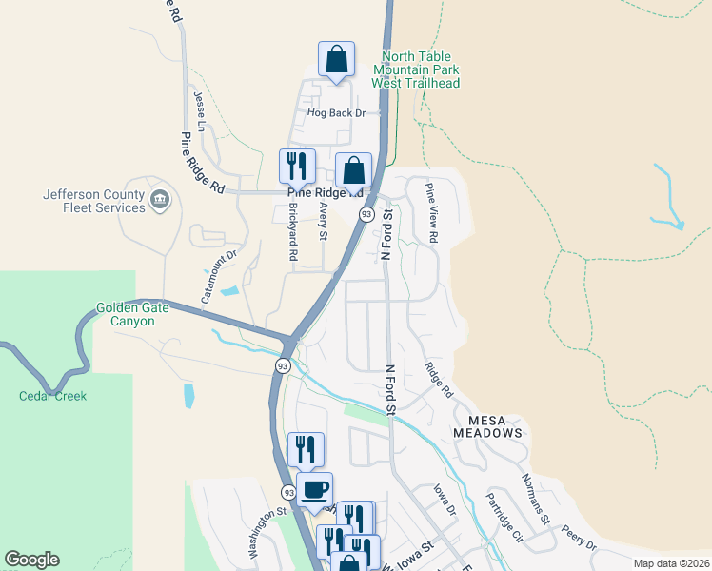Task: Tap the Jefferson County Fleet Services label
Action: point(93,202)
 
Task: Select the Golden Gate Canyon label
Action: point(138,315)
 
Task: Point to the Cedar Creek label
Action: point(52,396)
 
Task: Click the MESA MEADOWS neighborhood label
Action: point(495,426)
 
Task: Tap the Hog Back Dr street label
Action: point(336,113)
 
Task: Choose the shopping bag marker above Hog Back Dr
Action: point(336,60)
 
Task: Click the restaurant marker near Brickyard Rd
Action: point(297,166)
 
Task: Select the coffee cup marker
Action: point(314,490)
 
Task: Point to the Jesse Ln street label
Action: point(200,112)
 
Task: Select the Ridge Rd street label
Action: point(439,379)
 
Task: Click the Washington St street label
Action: point(267,532)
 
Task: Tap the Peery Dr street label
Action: point(578,539)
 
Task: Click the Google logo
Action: point(31,560)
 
